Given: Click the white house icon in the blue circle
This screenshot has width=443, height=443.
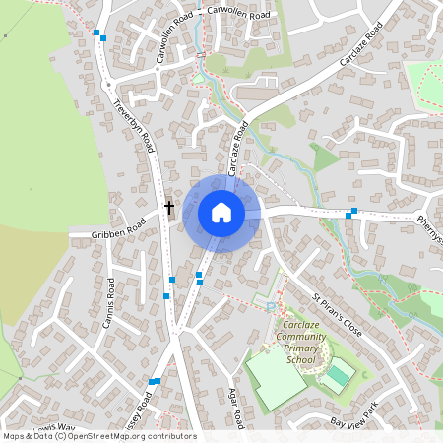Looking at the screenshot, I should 221,213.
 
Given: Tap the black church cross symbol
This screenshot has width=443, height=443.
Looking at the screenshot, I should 169,208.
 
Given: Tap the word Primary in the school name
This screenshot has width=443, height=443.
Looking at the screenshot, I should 300,348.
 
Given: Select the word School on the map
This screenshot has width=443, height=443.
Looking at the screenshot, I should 300,360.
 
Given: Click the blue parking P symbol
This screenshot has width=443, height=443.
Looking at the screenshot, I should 271,307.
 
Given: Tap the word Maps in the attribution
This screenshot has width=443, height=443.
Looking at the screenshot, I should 14,436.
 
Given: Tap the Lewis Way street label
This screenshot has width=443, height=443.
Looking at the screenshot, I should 54,427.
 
